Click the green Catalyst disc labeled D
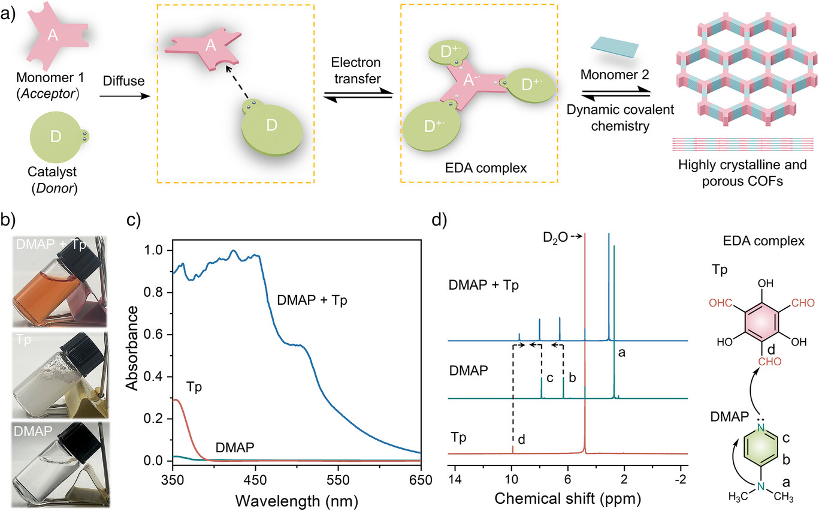tap(56, 137)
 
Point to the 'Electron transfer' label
tap(358, 70)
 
